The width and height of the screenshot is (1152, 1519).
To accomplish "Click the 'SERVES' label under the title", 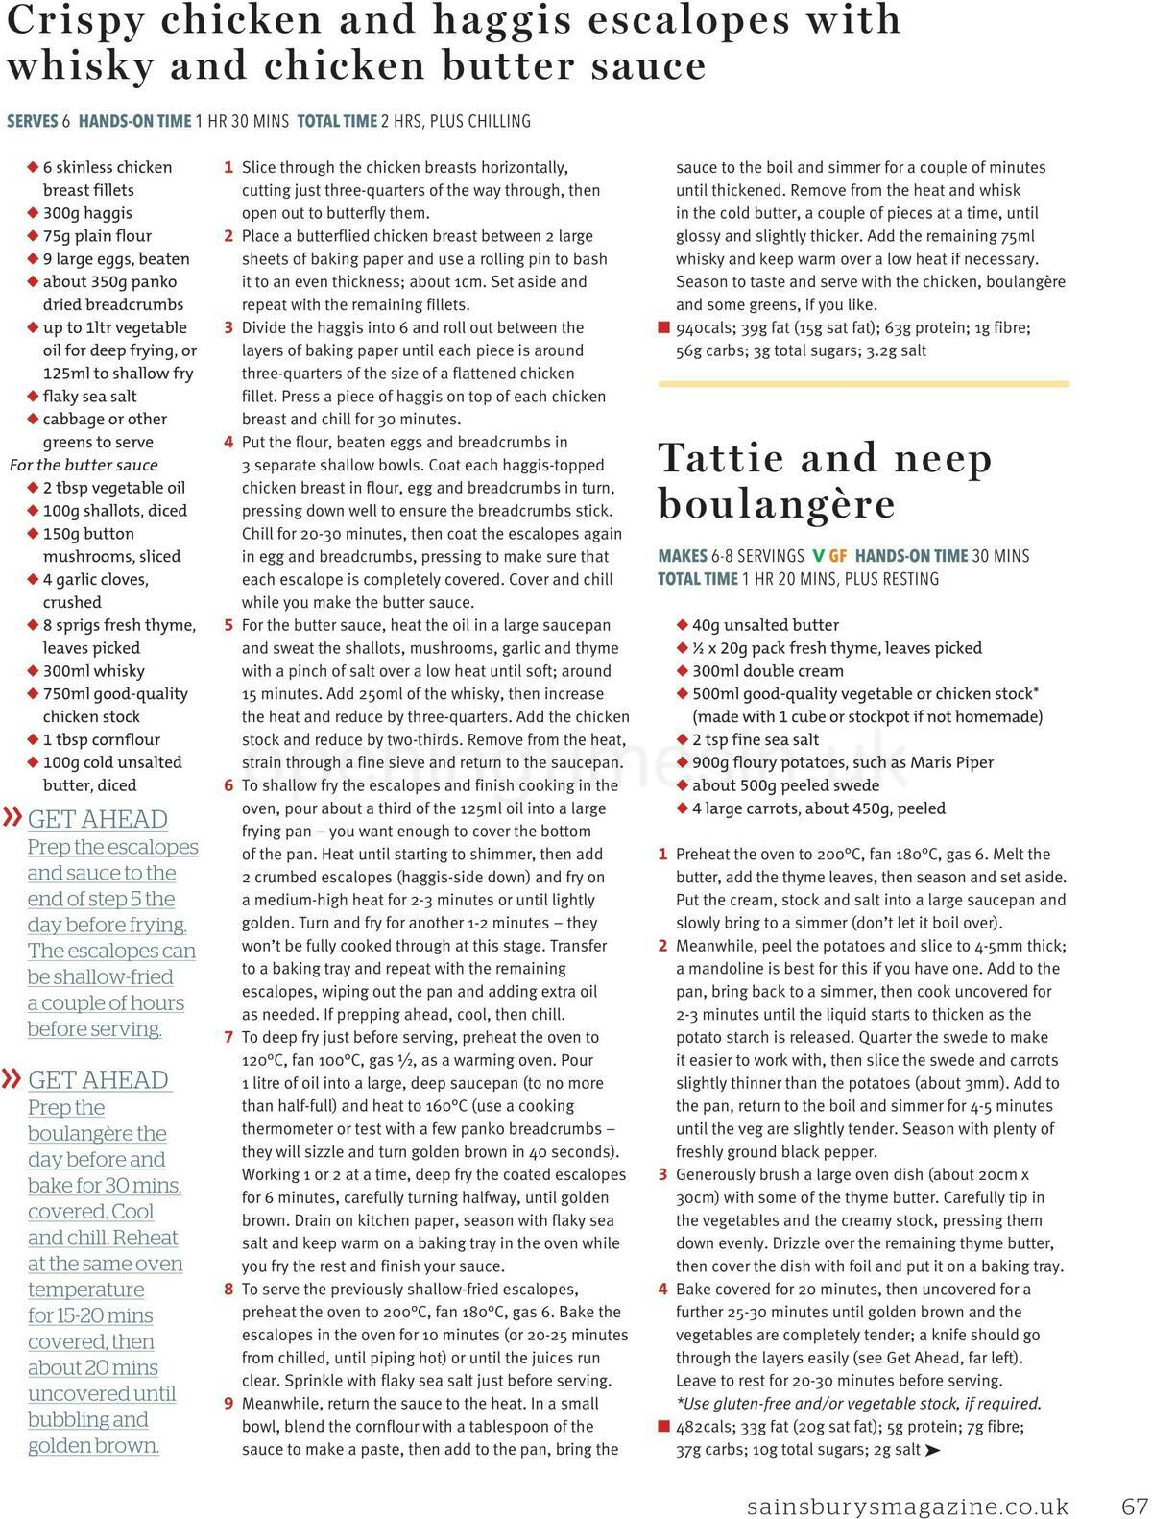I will coord(33,121).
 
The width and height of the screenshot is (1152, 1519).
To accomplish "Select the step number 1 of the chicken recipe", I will coord(228,168).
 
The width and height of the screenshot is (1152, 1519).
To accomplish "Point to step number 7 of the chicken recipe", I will coord(228,1038).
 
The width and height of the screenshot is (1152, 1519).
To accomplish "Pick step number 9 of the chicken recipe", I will coord(228,1404).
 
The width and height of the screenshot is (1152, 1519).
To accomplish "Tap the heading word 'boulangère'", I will coord(777,504).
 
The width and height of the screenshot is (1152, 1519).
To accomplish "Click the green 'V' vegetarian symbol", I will coord(818,556).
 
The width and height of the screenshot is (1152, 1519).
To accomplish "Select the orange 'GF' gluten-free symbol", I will coord(838,556).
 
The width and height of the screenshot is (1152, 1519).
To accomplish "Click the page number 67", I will coord(1134,1506).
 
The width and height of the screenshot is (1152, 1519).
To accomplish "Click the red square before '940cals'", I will coord(663,328).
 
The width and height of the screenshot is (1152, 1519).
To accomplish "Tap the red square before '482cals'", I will coord(663,1428).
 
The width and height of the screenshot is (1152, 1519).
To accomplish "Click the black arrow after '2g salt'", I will coord(931,1451).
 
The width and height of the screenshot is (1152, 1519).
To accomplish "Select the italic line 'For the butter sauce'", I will coord(84,465).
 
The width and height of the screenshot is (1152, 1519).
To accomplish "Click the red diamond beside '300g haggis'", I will coord(33,213).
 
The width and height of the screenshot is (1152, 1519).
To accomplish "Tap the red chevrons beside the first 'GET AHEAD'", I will coord(12,818).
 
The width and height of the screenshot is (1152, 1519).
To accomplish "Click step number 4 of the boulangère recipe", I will coord(662,1290).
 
